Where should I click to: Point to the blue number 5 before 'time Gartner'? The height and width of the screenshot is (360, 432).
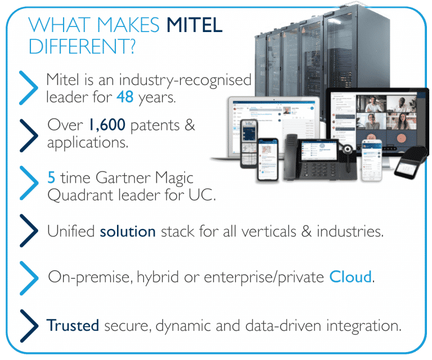(51, 178)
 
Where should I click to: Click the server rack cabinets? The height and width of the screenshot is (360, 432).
(315, 51)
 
